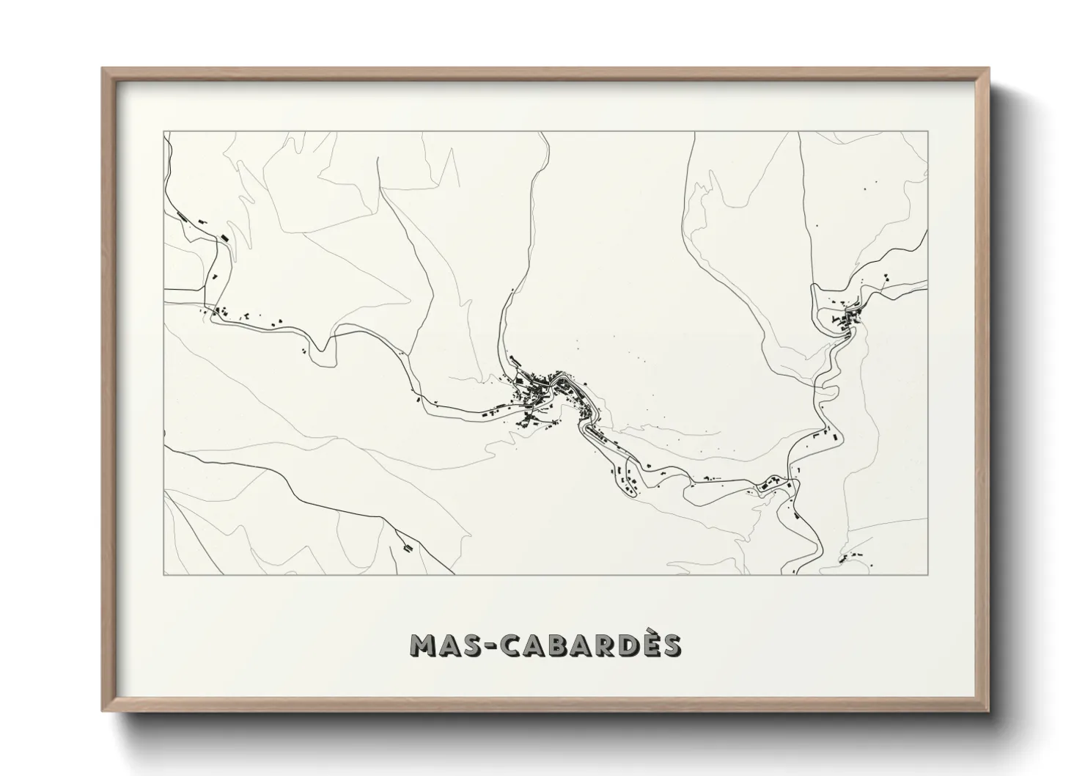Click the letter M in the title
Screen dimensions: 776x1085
click(425, 645)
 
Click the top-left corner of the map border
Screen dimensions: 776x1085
click(163, 132)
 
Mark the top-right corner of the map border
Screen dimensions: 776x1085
click(927, 132)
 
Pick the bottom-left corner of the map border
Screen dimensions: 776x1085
click(163, 574)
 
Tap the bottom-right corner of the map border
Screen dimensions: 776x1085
click(927, 574)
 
